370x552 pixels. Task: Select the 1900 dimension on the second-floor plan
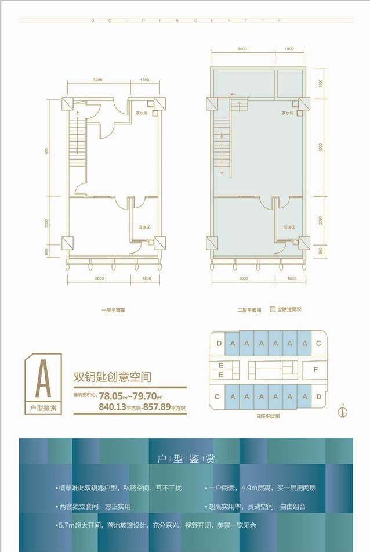tap(320, 82)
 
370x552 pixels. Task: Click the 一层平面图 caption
tap(112, 310)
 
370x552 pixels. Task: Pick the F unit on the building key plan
tap(315, 369)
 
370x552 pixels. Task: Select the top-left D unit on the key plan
tap(218, 343)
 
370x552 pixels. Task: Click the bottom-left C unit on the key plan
tap(216, 397)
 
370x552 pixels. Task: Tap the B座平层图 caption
tap(268, 416)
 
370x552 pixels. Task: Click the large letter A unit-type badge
tap(42, 379)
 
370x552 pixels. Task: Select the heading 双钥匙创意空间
tap(112, 377)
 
